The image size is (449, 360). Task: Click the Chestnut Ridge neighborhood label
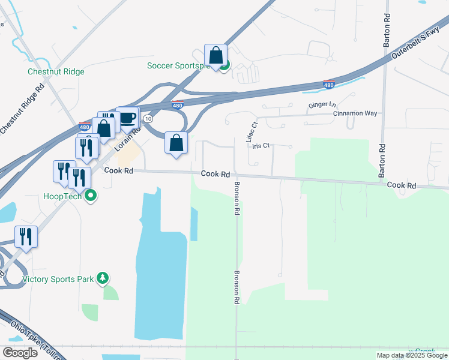tap(56, 72)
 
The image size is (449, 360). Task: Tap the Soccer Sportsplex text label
tap(179, 65)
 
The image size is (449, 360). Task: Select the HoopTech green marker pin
tap(91, 195)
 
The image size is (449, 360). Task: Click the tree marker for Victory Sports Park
tap(103, 278)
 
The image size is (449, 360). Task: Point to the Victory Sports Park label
tap(58, 279)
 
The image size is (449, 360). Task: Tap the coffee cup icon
tap(127, 118)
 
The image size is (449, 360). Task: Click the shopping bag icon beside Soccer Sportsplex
tap(215, 56)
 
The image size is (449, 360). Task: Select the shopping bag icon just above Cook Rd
tap(176, 143)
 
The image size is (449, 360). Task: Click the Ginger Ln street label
tap(322, 105)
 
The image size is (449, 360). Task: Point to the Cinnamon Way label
tap(355, 113)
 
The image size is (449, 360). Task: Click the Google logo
tap(19, 353)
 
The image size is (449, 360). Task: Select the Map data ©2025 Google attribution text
tap(412, 355)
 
